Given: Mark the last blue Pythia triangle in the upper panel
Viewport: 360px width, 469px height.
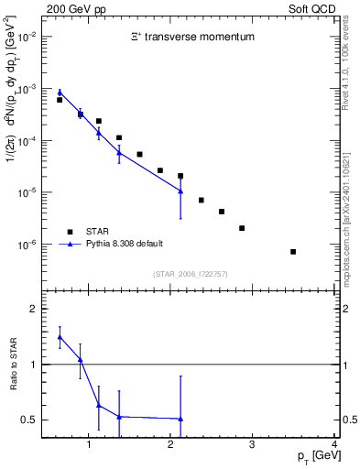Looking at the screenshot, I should pos(180,191).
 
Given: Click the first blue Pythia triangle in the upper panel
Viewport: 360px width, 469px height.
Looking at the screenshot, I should pos(60,92).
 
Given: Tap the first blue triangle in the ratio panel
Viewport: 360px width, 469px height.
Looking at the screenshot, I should pos(60,337).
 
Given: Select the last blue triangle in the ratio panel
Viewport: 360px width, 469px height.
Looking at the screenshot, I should pos(180,419).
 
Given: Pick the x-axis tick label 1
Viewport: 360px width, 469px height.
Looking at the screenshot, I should pos(89,446).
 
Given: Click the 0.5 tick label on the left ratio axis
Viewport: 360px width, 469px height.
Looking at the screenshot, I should pos(31,420).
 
